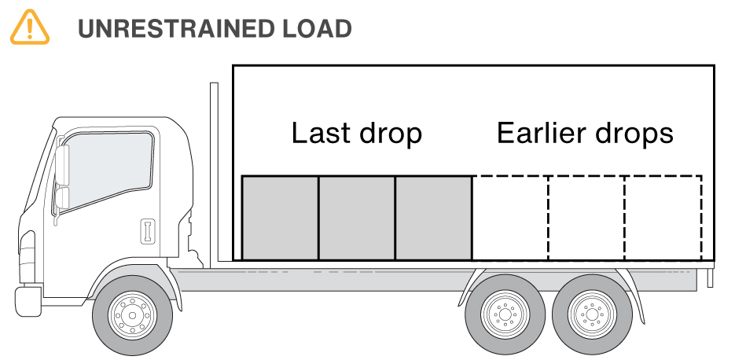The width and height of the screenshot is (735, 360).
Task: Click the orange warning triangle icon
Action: point(29,28)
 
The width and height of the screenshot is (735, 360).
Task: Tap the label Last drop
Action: point(356,133)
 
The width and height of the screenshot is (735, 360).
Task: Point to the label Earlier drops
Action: point(585,133)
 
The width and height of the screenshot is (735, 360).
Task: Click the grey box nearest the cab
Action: point(280,218)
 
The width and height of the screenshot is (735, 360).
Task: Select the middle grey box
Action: point(357,218)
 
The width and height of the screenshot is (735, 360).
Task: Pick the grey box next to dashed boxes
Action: point(434,218)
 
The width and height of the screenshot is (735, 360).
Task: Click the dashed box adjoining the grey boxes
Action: point(510,218)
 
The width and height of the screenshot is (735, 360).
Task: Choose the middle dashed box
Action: point(586,218)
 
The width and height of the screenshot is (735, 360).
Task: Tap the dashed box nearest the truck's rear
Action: point(663,218)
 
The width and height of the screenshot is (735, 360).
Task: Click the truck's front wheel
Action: point(130,315)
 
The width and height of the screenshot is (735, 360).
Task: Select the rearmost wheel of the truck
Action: point(591,315)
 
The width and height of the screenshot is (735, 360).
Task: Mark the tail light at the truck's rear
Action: point(711,276)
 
